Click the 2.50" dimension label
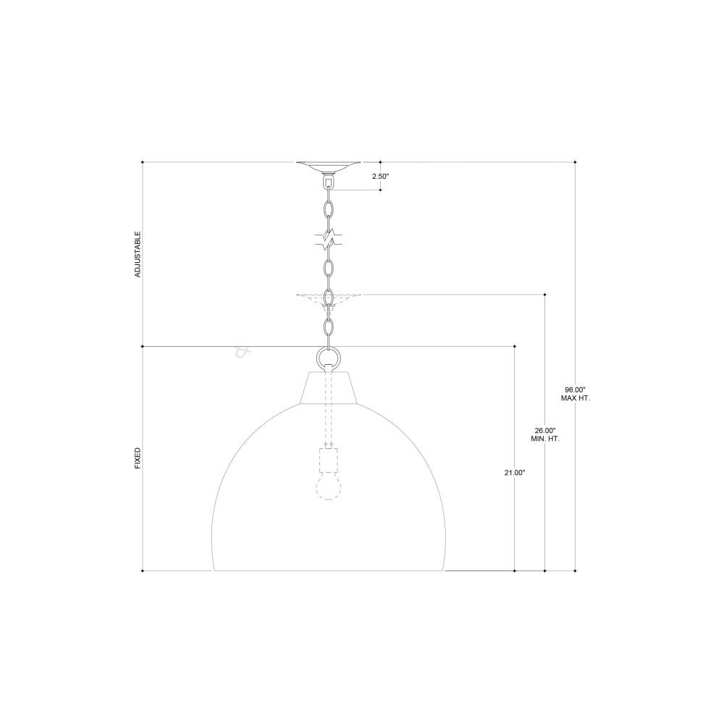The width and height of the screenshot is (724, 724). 381,177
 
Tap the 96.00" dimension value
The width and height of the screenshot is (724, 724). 575,390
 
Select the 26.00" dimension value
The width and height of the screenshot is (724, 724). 545,430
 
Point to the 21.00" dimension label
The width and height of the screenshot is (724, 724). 515,472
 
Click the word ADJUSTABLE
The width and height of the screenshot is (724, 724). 137,254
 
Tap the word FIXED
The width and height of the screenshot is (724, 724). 137,458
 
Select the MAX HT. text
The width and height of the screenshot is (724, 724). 576,398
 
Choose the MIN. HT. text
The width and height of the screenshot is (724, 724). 545,439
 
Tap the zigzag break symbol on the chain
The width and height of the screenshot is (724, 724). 329,240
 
